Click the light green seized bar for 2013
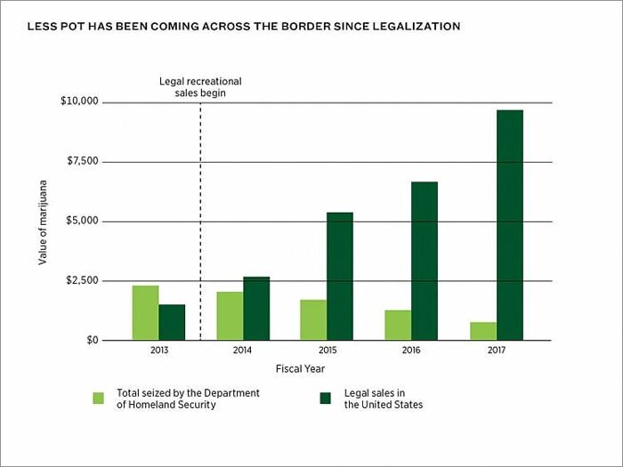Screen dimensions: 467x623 145,312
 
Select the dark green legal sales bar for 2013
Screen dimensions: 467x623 172,322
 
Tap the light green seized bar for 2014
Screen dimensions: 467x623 230,316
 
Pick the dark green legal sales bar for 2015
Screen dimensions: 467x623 340,276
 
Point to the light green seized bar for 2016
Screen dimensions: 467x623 398,325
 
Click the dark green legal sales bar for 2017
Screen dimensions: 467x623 510,224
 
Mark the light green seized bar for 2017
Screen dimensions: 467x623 483,331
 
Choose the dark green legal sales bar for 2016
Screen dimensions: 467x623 425,261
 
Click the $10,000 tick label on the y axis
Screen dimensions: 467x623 79,102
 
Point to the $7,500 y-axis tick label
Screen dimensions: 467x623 82,162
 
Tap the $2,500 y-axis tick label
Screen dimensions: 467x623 82,281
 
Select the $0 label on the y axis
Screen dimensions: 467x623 91,341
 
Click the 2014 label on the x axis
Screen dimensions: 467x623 242,351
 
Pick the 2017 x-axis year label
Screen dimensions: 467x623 496,351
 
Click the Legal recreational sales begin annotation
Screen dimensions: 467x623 200,86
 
